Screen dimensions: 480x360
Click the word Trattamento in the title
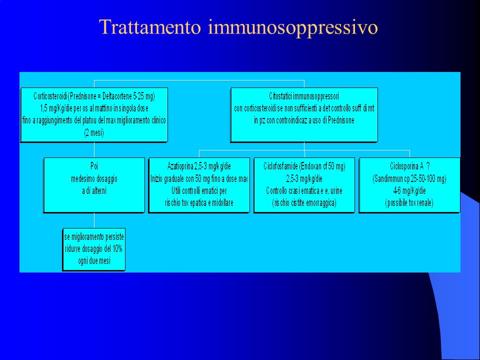(x=150, y=27)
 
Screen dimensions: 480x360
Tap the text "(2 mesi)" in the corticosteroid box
(x=94, y=133)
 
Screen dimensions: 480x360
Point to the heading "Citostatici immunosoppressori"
(x=304, y=96)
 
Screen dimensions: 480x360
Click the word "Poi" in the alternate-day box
(x=94, y=166)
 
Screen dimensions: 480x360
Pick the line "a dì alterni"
(x=94, y=190)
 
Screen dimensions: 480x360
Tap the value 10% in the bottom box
(x=117, y=248)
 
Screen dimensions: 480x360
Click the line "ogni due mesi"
(x=94, y=261)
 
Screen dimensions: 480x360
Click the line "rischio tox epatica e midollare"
(x=199, y=202)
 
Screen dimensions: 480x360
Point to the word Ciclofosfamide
(x=280, y=166)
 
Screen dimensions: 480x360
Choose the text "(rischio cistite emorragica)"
(x=304, y=202)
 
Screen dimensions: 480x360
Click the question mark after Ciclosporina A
(x=427, y=166)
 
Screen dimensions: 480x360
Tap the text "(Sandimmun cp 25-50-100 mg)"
(x=409, y=179)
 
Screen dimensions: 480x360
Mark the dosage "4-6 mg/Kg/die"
(x=409, y=191)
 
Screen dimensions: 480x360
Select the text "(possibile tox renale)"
(x=409, y=202)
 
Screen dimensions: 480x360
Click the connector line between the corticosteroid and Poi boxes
(x=94, y=150)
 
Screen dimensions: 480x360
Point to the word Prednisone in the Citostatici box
(x=341, y=120)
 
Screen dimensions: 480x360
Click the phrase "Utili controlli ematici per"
(x=199, y=190)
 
